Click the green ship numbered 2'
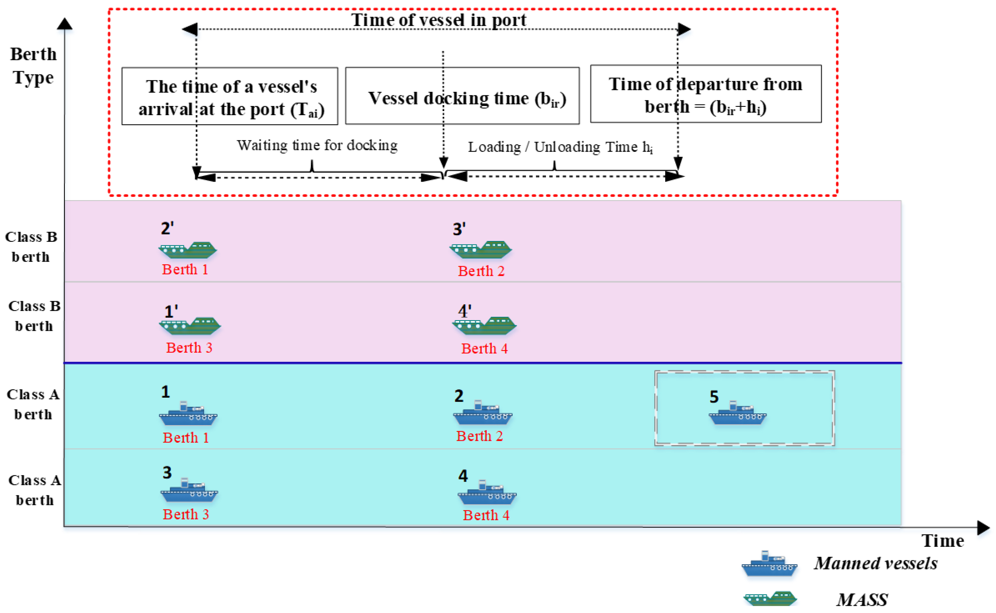coord(188,250)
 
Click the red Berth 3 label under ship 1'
coord(189,348)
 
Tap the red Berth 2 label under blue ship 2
coord(479,436)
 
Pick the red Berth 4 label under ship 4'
coord(484,349)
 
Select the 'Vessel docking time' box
coord(462,96)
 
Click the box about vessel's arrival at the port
coord(230,96)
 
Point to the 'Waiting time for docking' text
coord(317,145)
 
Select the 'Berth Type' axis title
coord(33,66)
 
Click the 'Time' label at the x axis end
coord(942,541)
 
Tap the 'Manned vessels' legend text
coord(876,563)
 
